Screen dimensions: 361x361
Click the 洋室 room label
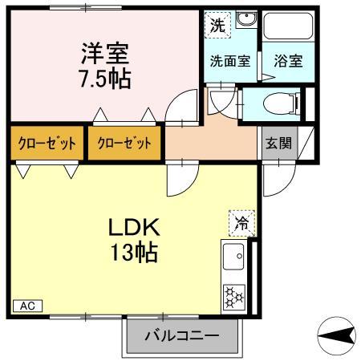click(105, 53)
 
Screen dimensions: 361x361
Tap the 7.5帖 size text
click(105, 79)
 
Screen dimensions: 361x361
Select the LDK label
click(134, 227)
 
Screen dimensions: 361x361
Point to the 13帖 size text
click(134, 252)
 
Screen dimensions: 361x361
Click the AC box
click(27, 306)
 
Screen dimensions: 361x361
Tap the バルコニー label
click(182, 335)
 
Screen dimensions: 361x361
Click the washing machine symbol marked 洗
click(217, 26)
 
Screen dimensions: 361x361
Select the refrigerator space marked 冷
click(241, 223)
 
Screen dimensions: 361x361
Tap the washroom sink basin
click(246, 18)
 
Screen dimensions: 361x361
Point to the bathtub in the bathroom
click(288, 26)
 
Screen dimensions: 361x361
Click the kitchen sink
click(233, 256)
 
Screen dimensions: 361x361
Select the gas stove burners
click(233, 297)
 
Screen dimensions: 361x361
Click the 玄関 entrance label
click(278, 144)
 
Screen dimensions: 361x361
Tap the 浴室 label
click(288, 61)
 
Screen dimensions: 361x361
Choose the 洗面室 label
click(230, 61)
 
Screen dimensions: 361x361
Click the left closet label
click(47, 144)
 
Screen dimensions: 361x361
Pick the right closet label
click(124, 144)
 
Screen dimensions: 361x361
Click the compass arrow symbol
click(336, 336)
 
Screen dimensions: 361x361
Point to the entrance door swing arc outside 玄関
click(288, 185)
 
